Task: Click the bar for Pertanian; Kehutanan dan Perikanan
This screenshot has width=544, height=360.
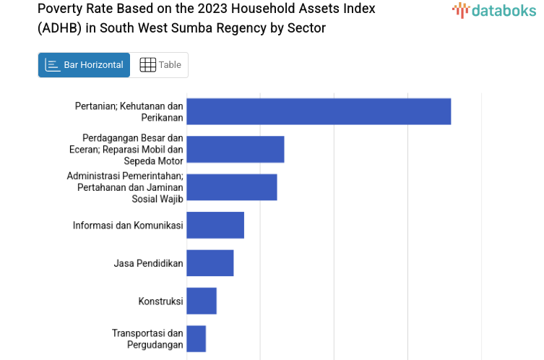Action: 319,111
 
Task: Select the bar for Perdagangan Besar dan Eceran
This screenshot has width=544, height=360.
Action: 235,149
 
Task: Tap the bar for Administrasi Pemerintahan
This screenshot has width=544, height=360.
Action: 231,187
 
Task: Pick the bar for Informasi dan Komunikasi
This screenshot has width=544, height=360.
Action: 215,225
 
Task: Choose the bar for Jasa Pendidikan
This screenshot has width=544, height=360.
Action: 210,263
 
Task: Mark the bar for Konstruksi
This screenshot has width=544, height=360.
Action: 202,301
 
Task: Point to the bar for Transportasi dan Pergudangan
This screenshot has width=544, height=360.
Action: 196,338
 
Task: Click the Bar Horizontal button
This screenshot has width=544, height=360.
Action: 84,65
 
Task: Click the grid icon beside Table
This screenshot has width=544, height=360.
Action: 147,65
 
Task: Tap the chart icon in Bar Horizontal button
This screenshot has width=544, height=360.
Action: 53,65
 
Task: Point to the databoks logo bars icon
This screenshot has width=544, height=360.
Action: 460,10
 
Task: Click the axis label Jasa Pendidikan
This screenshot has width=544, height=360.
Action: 148,263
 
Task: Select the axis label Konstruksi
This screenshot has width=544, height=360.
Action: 160,301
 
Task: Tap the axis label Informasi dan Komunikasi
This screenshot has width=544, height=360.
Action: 128,225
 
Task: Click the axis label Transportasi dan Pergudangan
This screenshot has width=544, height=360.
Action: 147,338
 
